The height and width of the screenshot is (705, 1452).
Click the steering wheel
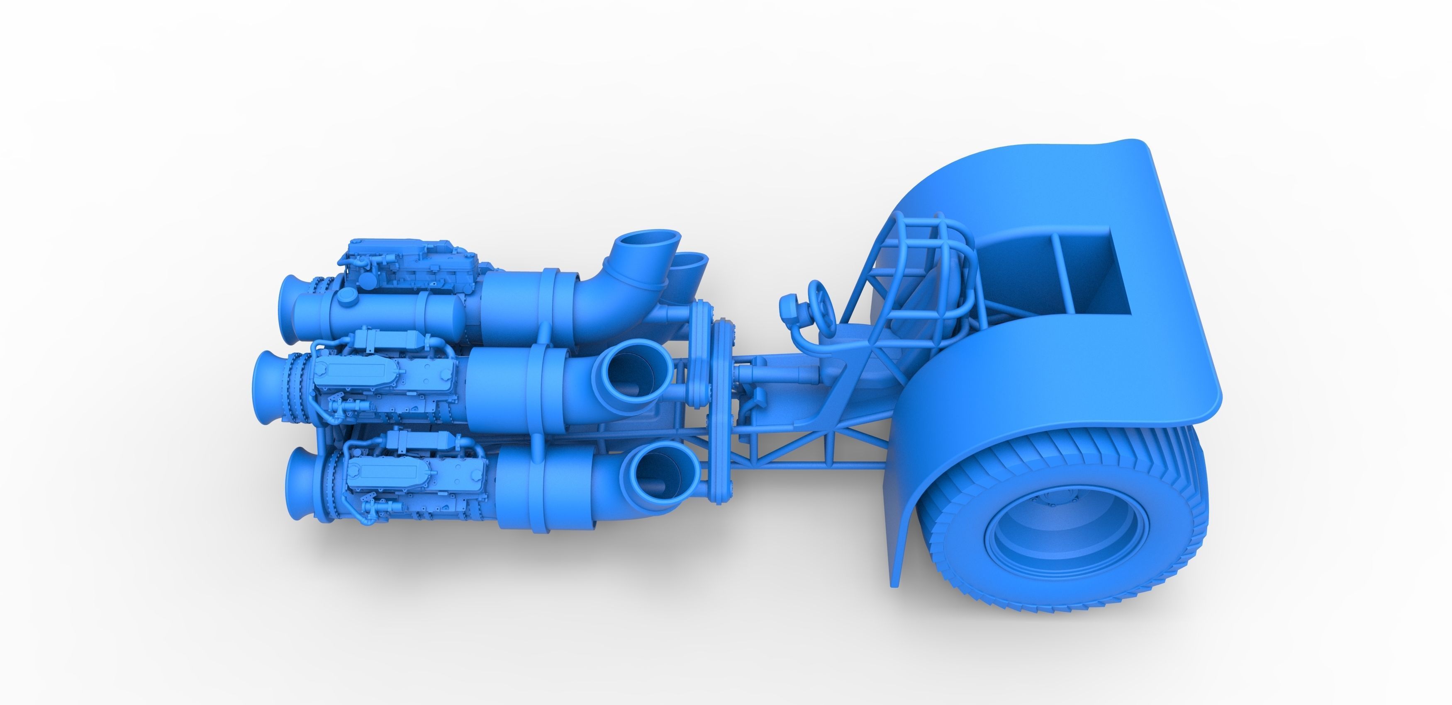coord(819,301)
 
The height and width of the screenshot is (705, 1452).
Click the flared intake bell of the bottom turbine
coord(298,485)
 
